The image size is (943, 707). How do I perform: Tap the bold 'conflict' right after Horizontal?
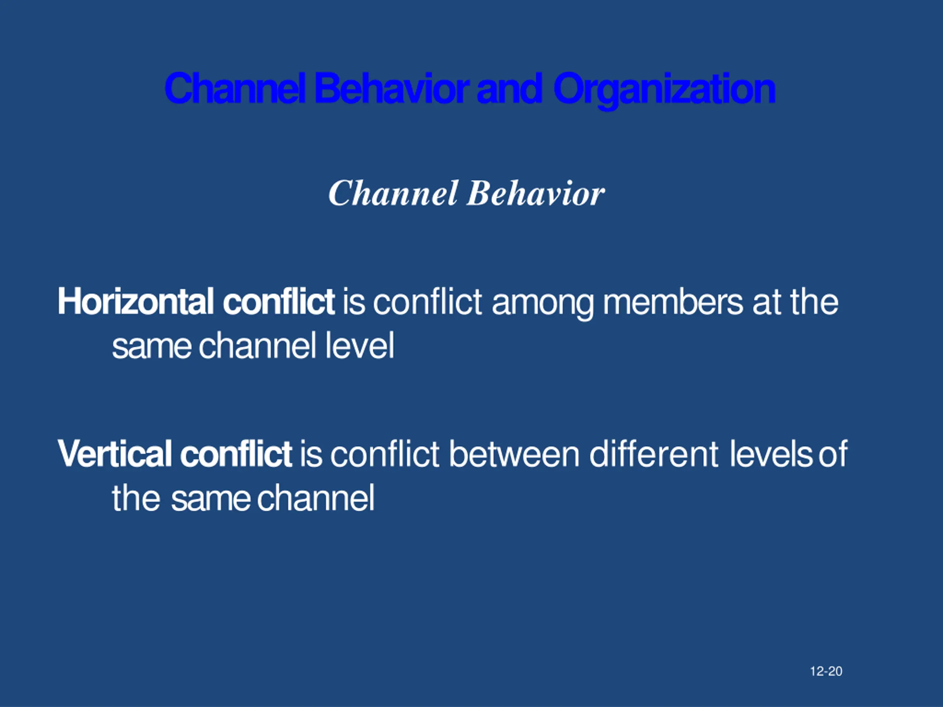[278, 302]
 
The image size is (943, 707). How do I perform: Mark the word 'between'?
[514, 454]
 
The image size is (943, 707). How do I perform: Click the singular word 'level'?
[360, 346]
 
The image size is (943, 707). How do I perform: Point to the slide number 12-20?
[826, 671]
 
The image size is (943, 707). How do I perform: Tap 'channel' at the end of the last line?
[316, 498]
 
